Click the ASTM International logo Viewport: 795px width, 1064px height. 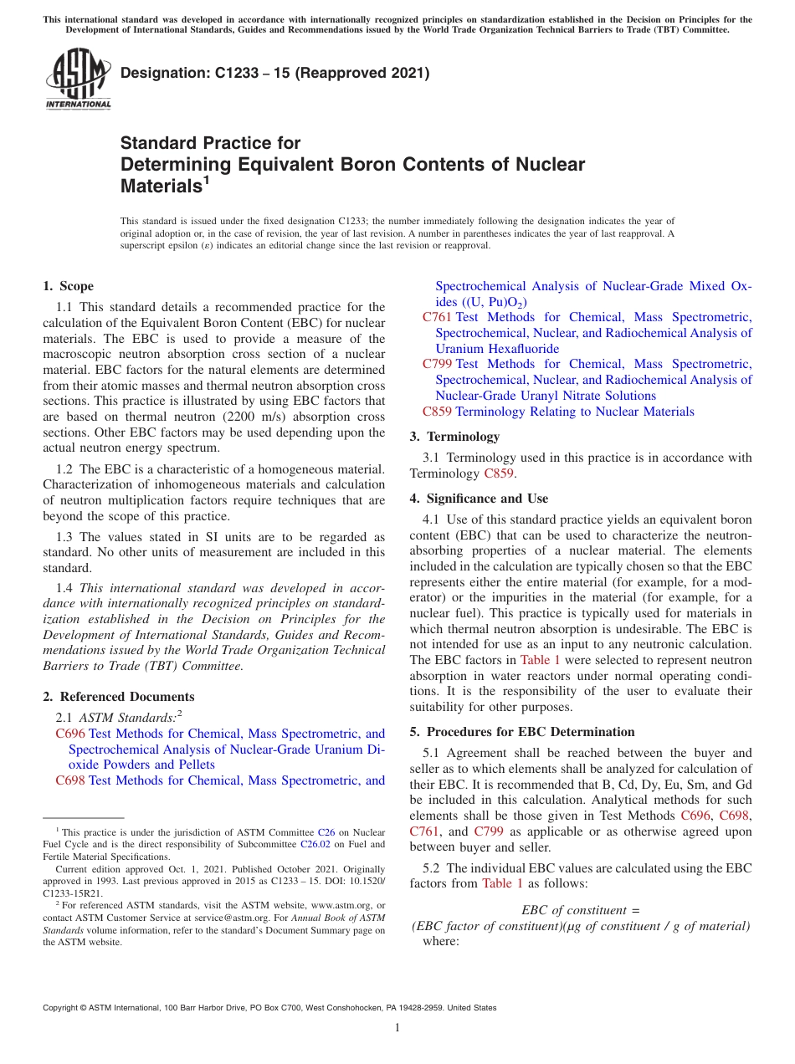click(77, 79)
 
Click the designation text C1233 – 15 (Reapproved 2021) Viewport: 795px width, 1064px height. click(275, 73)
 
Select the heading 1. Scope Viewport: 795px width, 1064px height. click(69, 286)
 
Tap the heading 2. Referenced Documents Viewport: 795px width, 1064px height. click(119, 697)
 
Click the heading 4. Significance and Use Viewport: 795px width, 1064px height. click(479, 499)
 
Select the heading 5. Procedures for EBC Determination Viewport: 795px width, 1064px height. click(522, 732)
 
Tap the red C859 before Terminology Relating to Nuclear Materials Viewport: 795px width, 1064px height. click(437, 412)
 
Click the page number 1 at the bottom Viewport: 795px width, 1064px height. click(397, 1028)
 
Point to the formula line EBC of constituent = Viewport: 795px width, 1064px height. click(580, 910)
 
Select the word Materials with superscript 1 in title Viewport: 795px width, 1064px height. click(165, 187)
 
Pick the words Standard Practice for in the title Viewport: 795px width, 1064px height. click(211, 143)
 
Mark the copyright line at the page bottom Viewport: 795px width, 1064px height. click(269, 1008)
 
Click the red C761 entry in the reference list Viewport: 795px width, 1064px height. click(437, 317)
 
